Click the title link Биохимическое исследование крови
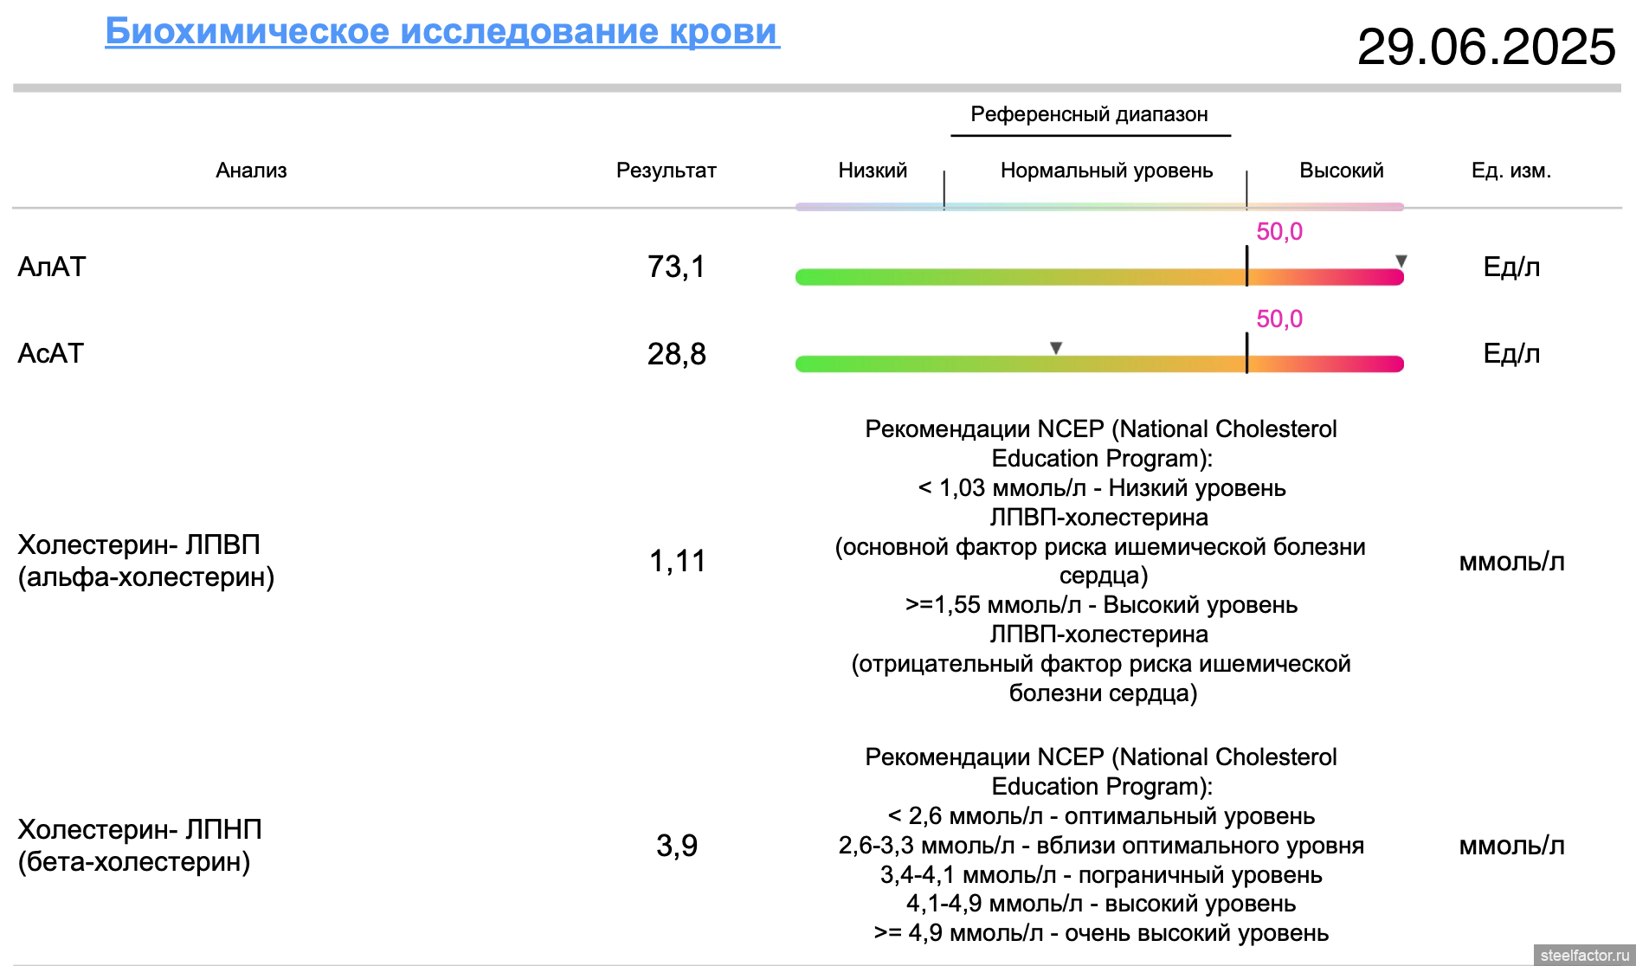[441, 31]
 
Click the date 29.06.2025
[1486, 47]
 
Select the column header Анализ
[251, 171]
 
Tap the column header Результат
[666, 171]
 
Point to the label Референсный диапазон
[1089, 114]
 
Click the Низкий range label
[873, 171]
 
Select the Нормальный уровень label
[1106, 171]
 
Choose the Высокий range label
[1341, 171]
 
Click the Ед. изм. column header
[1511, 171]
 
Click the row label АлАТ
[52, 267]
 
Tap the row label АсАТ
[51, 353]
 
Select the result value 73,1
[676, 267]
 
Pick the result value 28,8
[676, 354]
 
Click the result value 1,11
[677, 562]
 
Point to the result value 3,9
[676, 846]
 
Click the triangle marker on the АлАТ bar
[1401, 261]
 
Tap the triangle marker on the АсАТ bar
[1056, 347]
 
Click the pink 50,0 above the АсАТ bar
[1279, 319]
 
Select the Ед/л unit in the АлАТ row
[1511, 267]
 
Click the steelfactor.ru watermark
[1584, 955]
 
